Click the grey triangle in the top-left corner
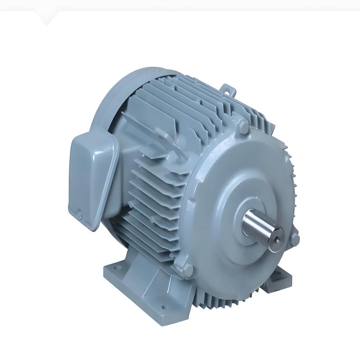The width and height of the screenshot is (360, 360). [48, 18]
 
